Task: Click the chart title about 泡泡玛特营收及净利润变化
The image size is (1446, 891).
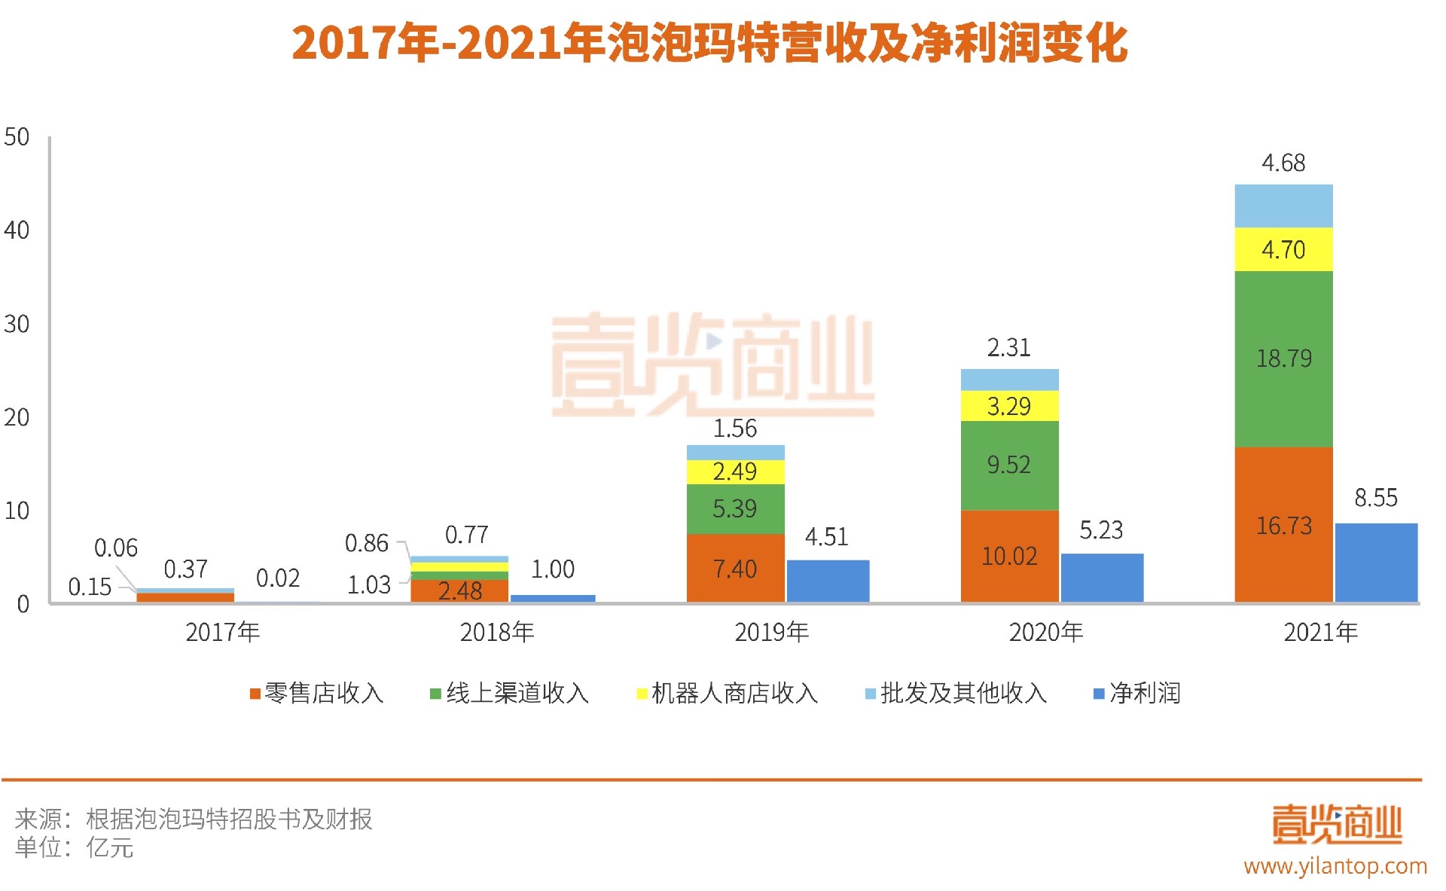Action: pyautogui.click(x=709, y=43)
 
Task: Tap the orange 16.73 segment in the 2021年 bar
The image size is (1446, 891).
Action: pyautogui.click(x=1283, y=524)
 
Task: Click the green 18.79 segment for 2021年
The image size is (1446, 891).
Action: pyautogui.click(x=1283, y=359)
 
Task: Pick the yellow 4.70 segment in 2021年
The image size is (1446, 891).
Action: pyautogui.click(x=1283, y=249)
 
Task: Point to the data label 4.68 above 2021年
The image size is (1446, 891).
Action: pyautogui.click(x=1283, y=163)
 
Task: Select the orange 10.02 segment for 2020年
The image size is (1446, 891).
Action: pyautogui.click(x=1009, y=556)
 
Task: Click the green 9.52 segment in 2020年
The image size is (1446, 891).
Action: pyautogui.click(x=1009, y=465)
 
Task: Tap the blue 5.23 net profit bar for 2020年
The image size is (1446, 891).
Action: pyautogui.click(x=1102, y=578)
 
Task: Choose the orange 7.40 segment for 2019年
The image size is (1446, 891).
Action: pyautogui.click(x=735, y=568)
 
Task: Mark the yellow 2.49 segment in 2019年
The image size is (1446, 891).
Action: pyautogui.click(x=735, y=471)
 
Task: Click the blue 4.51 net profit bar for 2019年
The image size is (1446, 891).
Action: pyautogui.click(x=828, y=581)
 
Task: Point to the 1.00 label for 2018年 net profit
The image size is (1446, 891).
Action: pyautogui.click(x=553, y=569)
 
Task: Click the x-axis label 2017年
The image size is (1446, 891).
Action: pyautogui.click(x=223, y=632)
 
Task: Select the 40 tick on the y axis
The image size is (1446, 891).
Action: pyautogui.click(x=17, y=230)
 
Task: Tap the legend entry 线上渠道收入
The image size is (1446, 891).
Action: pyautogui.click(x=509, y=693)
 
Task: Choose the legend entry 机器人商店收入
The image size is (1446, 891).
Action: pyautogui.click(x=728, y=693)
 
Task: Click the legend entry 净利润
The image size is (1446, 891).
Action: pyautogui.click(x=1137, y=693)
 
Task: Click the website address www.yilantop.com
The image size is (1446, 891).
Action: pyautogui.click(x=1335, y=866)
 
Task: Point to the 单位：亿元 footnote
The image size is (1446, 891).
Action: pyautogui.click(x=75, y=848)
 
